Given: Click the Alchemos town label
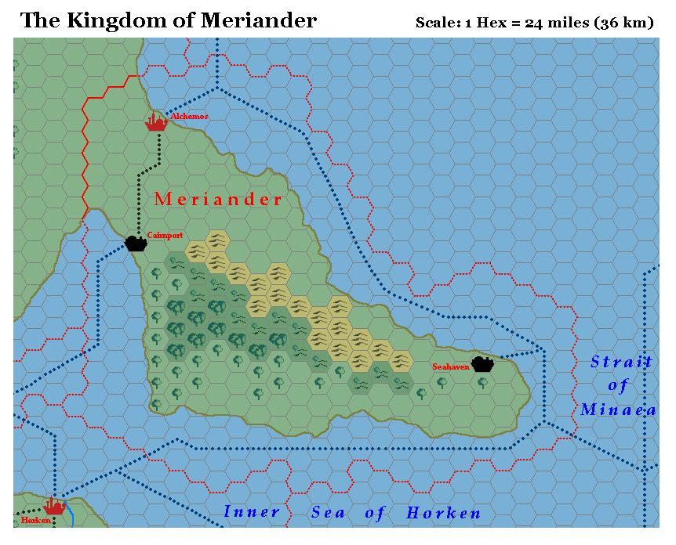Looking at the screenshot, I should click(189, 117).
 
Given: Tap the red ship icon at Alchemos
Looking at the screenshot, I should click(157, 121).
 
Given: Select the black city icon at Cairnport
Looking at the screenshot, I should click(136, 243).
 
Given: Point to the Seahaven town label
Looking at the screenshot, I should click(450, 366).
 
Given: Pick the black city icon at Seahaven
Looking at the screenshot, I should click(482, 364).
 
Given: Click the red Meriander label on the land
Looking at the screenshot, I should click(218, 199).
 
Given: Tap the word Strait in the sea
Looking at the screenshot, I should click(621, 361).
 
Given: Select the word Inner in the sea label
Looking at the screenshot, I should click(252, 512).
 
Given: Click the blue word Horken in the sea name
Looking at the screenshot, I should click(443, 514).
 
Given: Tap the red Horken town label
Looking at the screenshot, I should click(35, 520).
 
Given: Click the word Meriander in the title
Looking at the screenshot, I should click(258, 21).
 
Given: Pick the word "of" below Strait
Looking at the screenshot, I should click(618, 385).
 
